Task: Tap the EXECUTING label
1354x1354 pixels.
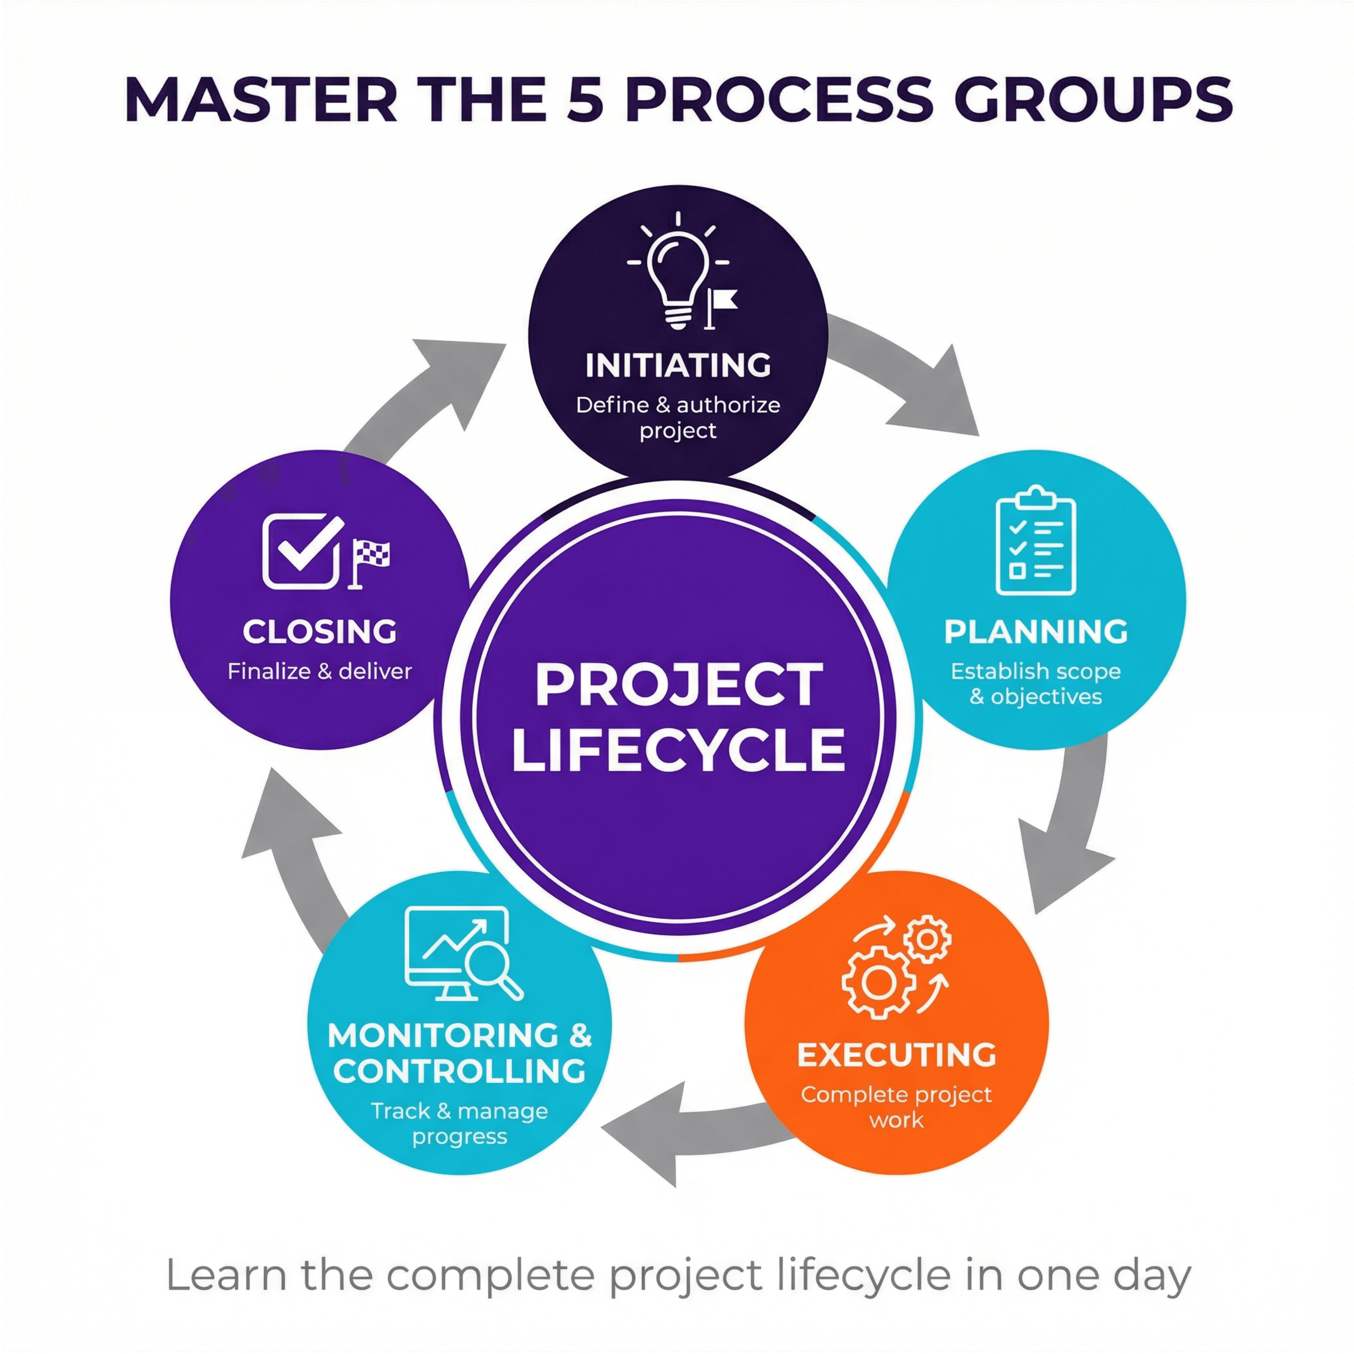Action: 896,1055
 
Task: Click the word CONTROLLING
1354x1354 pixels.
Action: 459,1071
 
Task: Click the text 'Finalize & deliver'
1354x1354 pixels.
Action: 320,671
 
